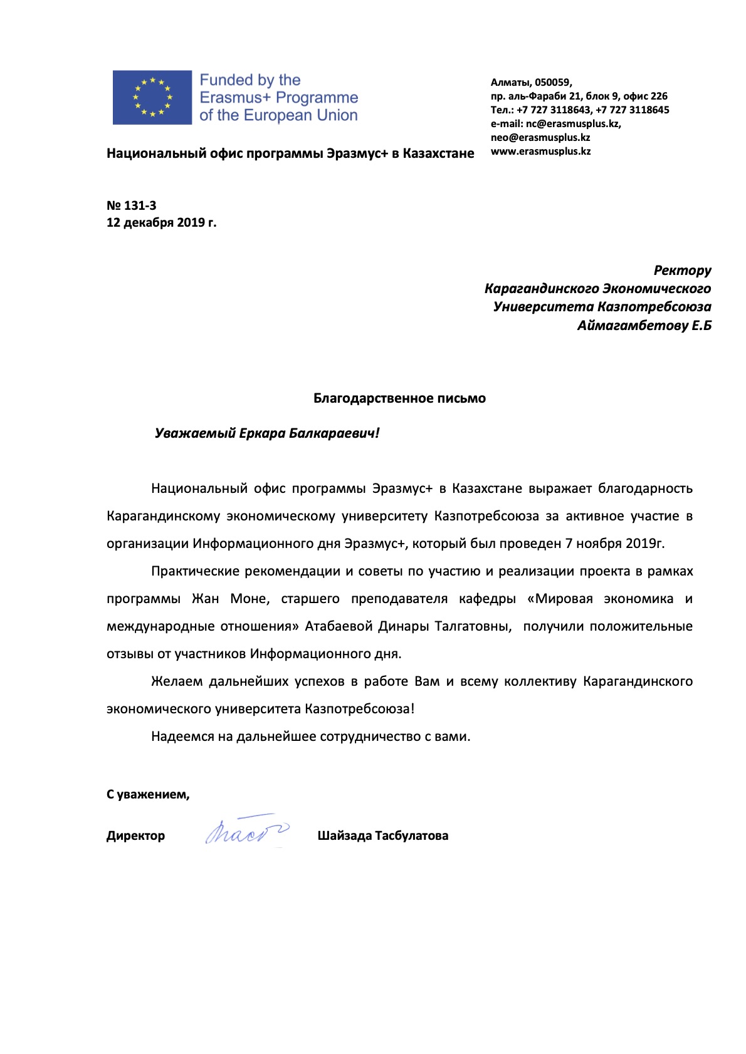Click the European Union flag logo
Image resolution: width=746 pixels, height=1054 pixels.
point(152,97)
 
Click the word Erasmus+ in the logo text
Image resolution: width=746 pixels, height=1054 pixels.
point(234,98)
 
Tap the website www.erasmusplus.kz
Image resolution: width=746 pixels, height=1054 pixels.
point(540,151)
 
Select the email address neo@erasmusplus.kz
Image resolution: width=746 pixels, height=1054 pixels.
point(540,137)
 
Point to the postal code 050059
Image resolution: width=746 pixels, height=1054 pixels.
point(552,82)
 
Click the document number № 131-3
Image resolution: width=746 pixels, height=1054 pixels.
point(132,205)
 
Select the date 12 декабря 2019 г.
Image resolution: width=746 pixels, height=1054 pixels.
point(161,222)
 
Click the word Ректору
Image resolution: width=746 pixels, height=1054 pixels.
point(682,271)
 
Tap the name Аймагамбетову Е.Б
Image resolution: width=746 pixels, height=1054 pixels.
point(644,326)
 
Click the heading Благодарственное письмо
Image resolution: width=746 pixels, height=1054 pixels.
point(399,398)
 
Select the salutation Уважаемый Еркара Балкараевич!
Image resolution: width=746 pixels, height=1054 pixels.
point(267,433)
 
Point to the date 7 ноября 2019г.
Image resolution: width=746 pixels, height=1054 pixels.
point(614,544)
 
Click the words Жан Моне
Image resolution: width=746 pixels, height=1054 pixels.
point(231,599)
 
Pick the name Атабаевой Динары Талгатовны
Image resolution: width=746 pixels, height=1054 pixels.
point(407,626)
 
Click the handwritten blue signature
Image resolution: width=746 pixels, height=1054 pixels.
point(246,831)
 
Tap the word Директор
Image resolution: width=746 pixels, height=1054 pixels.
point(135,835)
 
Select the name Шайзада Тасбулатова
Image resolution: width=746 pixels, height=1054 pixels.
point(382,835)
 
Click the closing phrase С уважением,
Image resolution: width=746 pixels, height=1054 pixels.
point(148,794)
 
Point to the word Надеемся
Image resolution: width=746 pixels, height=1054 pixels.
point(182,736)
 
